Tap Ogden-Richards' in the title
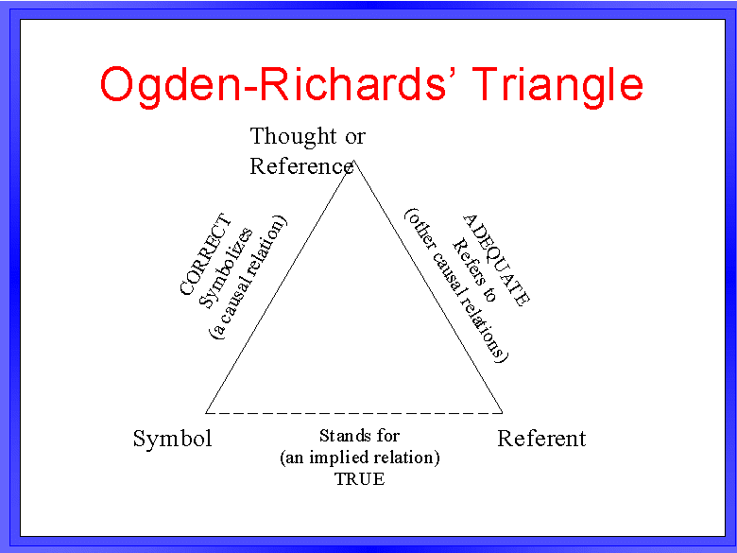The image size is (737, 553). tap(273, 86)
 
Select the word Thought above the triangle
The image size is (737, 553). tap(293, 136)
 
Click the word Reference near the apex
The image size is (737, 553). tap(301, 166)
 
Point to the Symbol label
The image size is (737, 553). tap(173, 439)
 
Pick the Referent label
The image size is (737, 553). tap(541, 439)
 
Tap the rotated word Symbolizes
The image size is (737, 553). tap(226, 268)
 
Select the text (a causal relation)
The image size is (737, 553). tap(248, 277)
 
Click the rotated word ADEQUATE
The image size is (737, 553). tap(496, 260)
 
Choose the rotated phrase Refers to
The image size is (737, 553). tap(473, 270)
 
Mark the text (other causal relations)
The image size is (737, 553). tap(456, 285)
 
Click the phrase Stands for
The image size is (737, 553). tap(360, 436)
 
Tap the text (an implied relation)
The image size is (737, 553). tap(360, 458)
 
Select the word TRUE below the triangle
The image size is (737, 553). tap(360, 479)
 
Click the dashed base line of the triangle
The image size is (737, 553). tap(354, 413)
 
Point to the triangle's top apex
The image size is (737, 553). tap(354, 161)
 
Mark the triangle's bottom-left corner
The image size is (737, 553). tap(206, 413)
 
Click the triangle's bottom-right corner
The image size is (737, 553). tap(503, 413)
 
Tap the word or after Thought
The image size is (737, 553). tap(355, 137)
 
